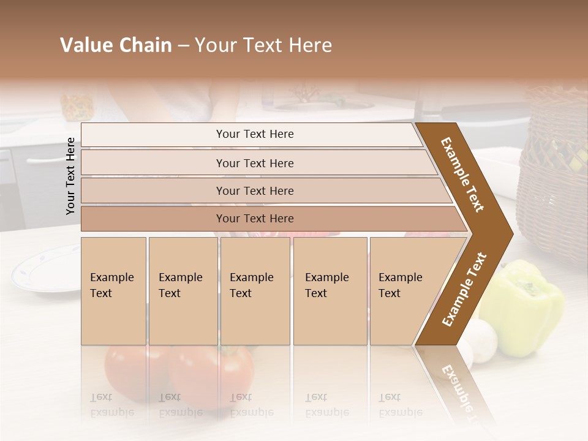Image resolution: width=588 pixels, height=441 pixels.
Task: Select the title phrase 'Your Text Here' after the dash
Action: pos(263,45)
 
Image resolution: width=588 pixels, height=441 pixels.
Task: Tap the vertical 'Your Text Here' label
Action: pos(70,176)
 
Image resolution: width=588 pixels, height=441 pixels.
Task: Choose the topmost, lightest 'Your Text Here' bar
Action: pos(254,134)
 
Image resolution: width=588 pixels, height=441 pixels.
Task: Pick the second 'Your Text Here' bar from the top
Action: pos(254,163)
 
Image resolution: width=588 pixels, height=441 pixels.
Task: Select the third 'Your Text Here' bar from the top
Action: pos(254,190)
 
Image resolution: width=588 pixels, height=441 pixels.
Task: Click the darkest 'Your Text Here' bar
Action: pos(254,219)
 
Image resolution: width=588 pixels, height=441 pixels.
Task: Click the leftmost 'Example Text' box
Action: pos(113,290)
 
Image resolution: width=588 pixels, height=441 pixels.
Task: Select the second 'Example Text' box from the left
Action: pos(183,290)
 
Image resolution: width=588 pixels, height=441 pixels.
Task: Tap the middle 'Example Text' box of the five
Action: pos(255,290)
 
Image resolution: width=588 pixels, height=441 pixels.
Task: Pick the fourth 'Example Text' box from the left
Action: pos(330,290)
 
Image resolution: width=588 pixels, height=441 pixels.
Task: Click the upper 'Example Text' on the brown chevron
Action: pos(462,174)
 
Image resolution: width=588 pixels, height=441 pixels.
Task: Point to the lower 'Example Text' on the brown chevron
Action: pos(464,289)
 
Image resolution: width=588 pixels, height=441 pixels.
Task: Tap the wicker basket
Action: pos(554,178)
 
